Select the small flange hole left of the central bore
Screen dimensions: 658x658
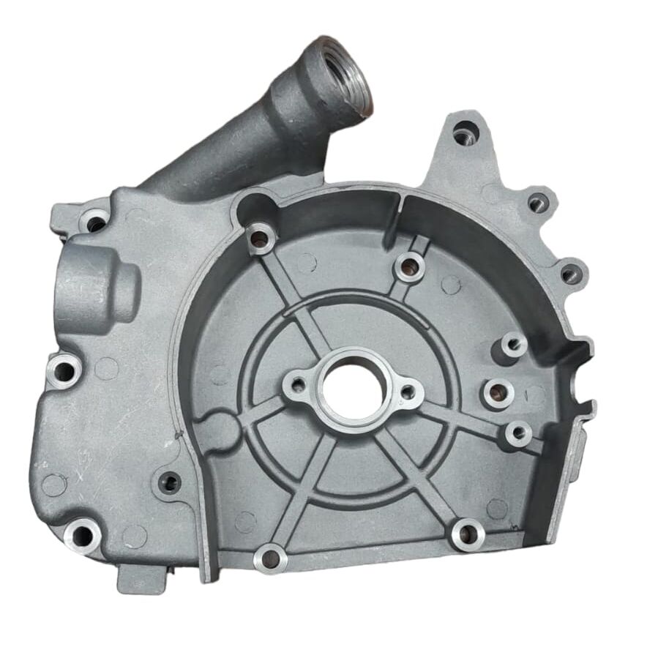click(296, 382)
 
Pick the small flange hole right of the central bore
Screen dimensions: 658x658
click(408, 393)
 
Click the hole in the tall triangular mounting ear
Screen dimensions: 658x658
click(463, 135)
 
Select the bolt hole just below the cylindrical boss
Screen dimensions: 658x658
click(64, 370)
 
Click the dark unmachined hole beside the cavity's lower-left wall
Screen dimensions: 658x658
click(169, 482)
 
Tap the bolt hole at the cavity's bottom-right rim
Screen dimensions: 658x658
click(467, 534)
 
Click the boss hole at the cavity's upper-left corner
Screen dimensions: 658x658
click(259, 236)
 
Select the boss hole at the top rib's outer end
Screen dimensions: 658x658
click(410, 267)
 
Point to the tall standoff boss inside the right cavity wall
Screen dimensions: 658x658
click(514, 344)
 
